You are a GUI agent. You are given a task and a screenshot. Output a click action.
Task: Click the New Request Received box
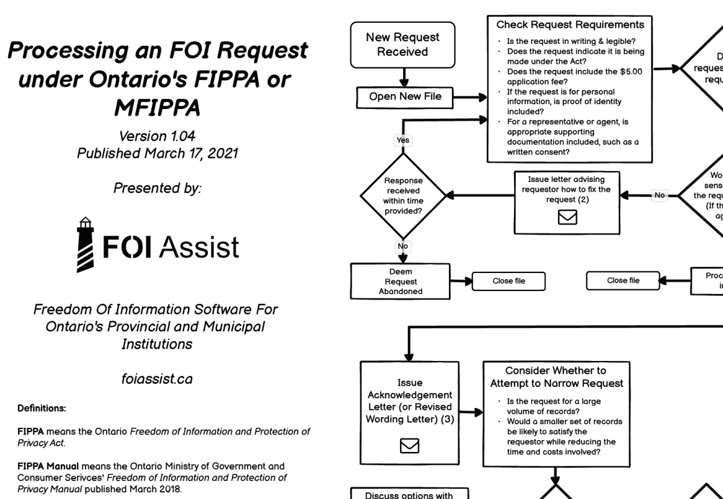click(402, 45)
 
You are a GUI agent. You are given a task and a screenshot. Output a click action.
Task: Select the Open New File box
click(405, 96)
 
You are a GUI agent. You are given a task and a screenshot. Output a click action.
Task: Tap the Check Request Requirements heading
click(569, 25)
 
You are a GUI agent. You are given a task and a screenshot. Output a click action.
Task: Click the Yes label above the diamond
click(402, 140)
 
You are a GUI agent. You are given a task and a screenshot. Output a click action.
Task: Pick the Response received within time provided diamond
click(403, 195)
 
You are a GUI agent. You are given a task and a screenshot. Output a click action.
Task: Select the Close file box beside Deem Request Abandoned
click(509, 281)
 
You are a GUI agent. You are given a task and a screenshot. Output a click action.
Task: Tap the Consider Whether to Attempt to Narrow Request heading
click(556, 377)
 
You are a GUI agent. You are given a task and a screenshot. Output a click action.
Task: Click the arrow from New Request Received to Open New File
click(403, 77)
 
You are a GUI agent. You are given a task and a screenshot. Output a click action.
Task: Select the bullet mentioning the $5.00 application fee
click(574, 75)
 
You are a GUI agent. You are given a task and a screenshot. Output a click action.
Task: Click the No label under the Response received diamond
click(402, 246)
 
